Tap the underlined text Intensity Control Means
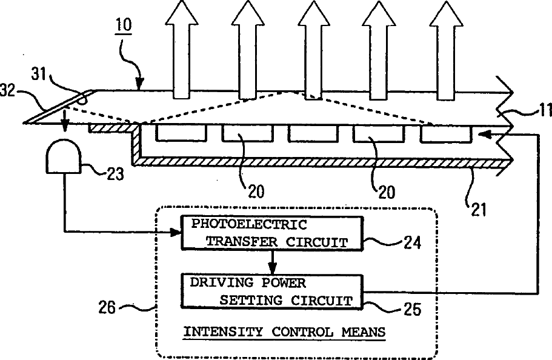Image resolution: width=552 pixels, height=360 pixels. (284, 332)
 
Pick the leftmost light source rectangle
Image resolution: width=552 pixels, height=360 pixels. (177, 133)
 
